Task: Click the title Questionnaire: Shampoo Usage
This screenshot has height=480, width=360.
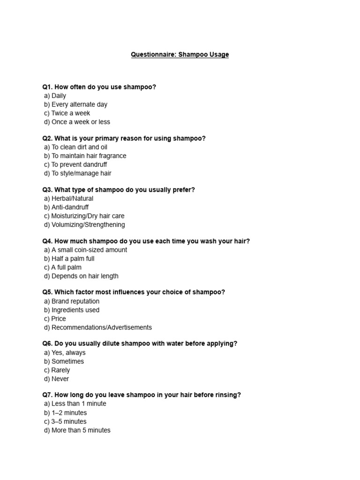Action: pos(180,55)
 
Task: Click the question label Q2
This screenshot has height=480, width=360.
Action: pos(47,138)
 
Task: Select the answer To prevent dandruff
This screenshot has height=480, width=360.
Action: pos(75,165)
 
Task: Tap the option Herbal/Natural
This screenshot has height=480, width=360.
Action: pos(68,199)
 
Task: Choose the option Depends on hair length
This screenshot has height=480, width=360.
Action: pos(81,276)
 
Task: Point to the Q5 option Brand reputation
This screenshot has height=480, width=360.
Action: pos(72,301)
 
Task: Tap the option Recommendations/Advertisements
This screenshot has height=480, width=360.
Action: pos(97,327)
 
